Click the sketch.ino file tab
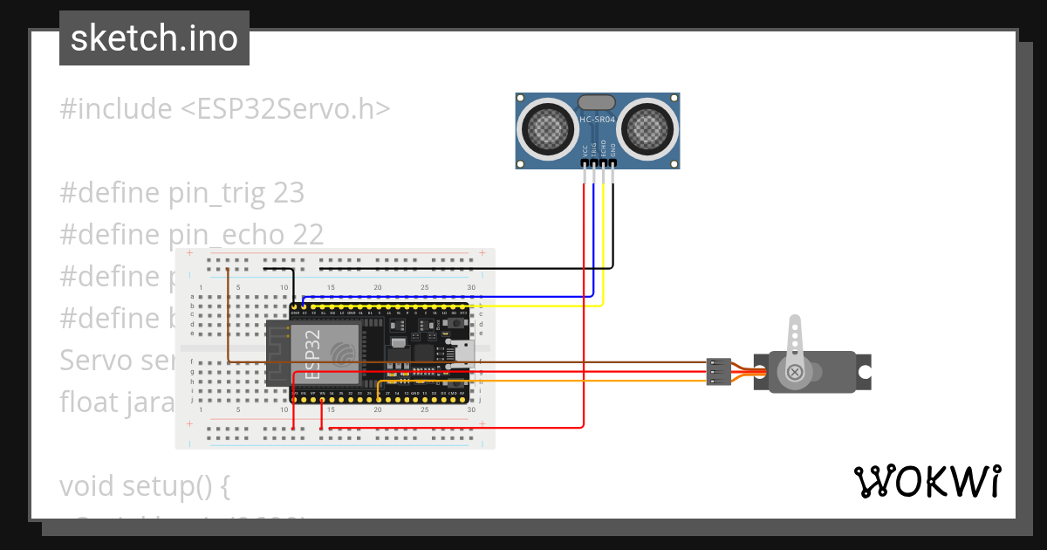(x=154, y=38)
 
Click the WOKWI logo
(x=927, y=481)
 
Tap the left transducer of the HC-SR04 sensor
(x=548, y=130)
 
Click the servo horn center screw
(x=795, y=372)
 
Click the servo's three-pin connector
(x=717, y=371)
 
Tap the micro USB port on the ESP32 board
(x=459, y=354)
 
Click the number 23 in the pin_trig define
(x=289, y=193)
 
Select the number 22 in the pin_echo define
(x=306, y=235)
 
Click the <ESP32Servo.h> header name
(x=285, y=109)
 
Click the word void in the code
(x=84, y=485)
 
